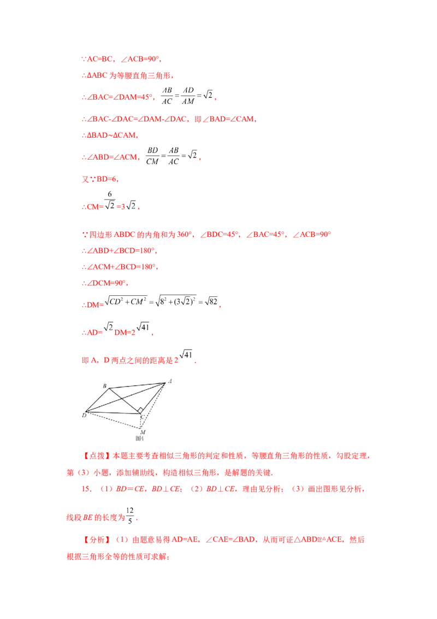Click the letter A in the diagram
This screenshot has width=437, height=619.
[171, 381]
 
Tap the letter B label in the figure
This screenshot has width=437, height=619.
[104, 386]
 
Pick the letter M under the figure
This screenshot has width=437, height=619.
[143, 433]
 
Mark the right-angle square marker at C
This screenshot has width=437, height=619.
[140, 410]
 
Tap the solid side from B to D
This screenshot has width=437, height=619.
[97, 400]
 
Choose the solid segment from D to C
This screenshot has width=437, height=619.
[114, 413]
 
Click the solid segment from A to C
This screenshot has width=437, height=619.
[154, 398]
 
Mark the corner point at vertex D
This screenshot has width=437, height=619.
[86, 411]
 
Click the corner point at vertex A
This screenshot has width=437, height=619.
[165, 382]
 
